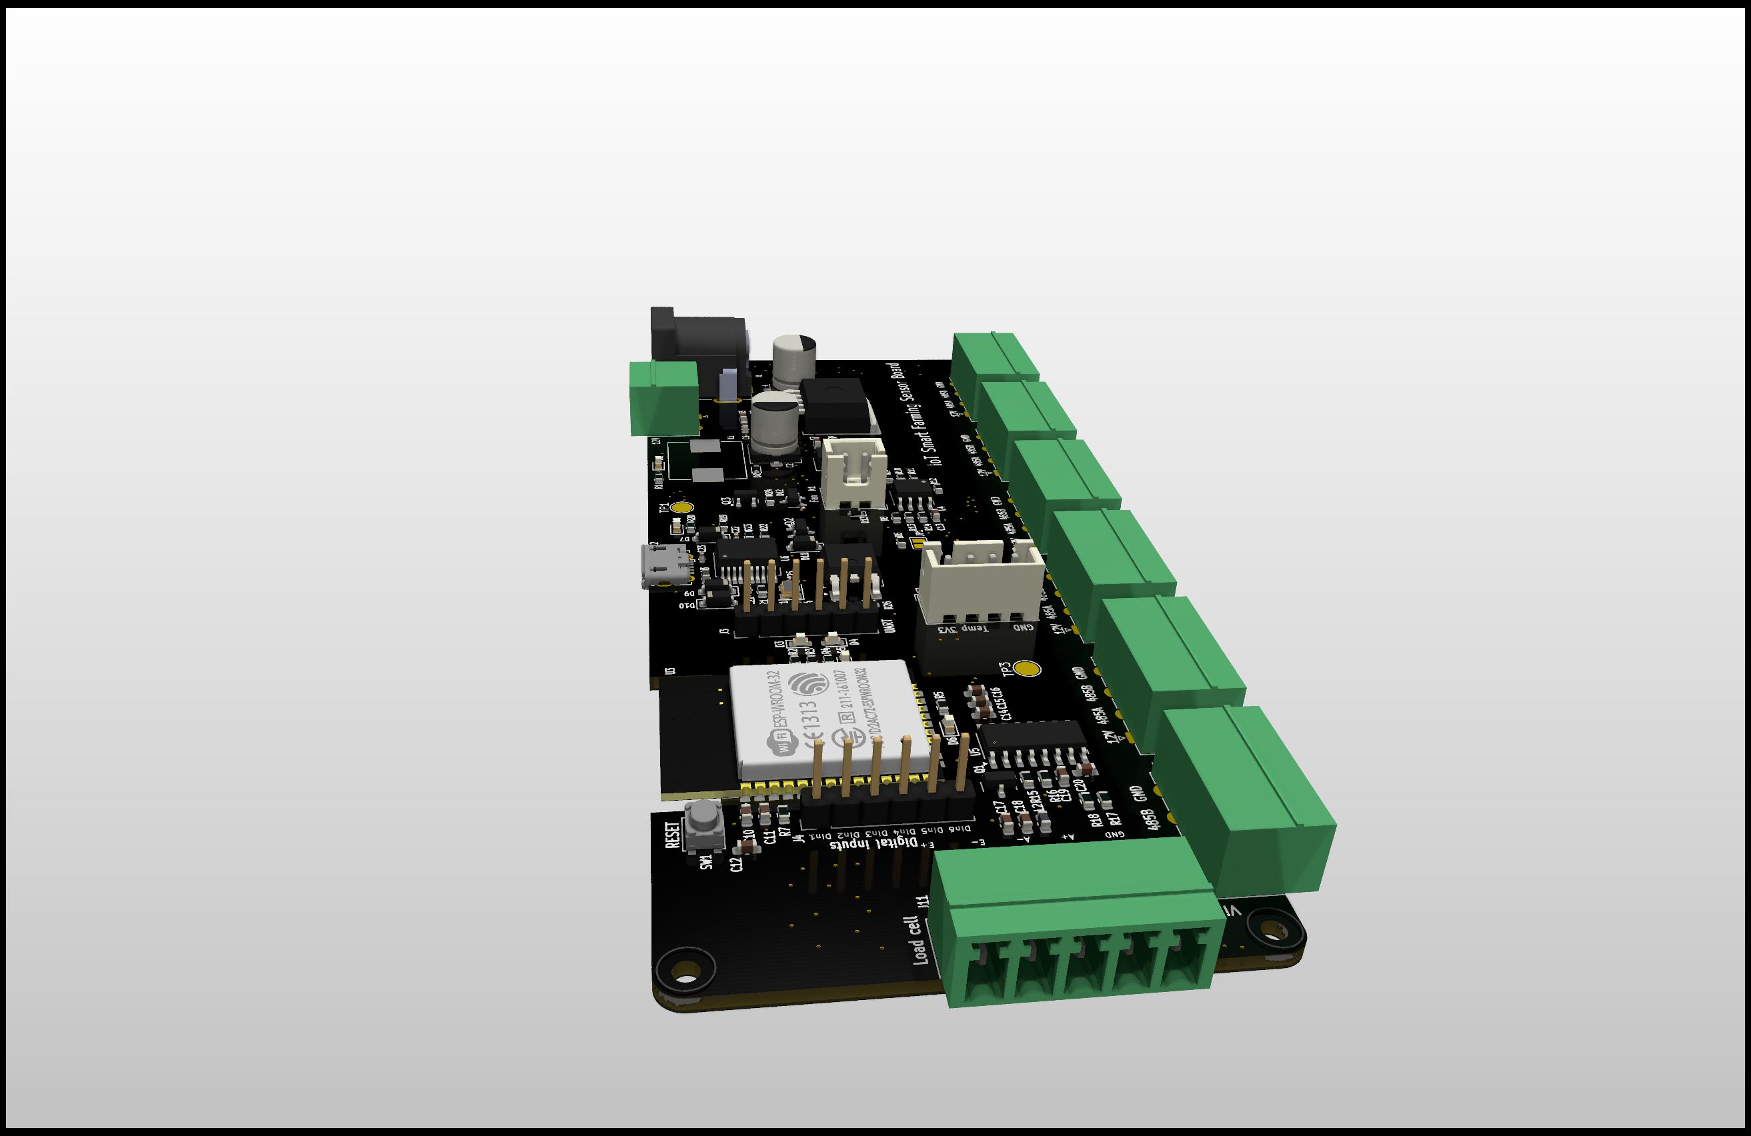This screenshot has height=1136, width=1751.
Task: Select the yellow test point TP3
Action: click(x=1027, y=669)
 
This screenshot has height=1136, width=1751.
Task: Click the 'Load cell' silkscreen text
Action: click(x=918, y=940)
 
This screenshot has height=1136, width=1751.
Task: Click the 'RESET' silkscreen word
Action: click(x=671, y=836)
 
